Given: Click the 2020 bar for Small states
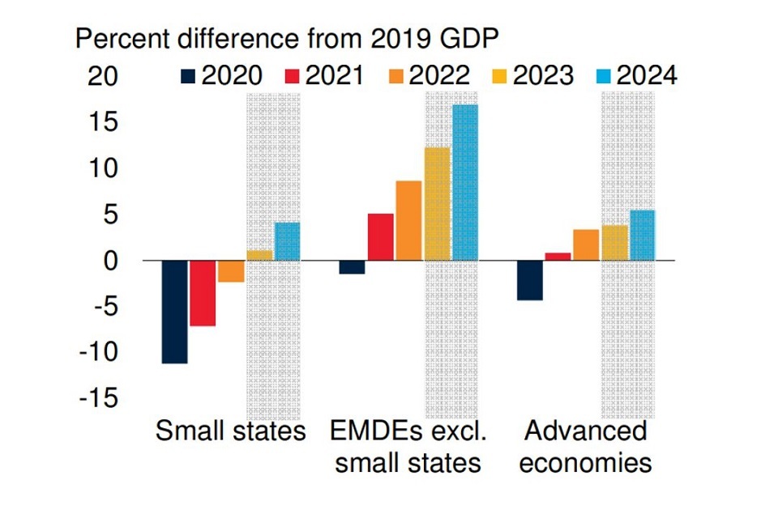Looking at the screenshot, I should pos(174,312).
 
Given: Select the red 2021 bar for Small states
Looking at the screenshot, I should pos(203,293).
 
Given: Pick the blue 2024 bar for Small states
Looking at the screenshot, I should pos(287,241).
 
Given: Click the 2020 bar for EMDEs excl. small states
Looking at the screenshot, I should pos(352,267).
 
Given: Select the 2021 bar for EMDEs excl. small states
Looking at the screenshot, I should pos(381,237).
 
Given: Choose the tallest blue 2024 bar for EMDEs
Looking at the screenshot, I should pos(465,182).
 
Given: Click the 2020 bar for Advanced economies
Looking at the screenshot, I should pos(530,280).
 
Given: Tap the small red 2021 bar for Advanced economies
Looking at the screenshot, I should pos(558,257).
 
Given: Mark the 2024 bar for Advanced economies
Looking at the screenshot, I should pos(642,236).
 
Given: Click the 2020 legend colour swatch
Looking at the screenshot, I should pos(188,76).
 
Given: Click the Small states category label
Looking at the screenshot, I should pos(231,431).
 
